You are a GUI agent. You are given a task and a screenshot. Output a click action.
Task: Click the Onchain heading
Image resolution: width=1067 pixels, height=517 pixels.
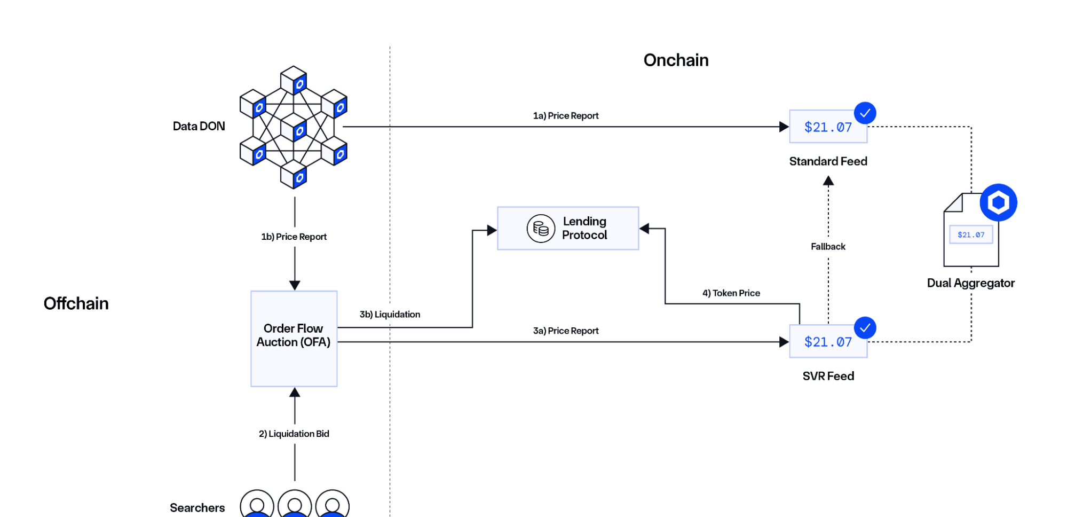coord(676,60)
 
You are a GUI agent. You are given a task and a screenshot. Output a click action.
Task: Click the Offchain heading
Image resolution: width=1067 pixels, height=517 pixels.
coord(76,303)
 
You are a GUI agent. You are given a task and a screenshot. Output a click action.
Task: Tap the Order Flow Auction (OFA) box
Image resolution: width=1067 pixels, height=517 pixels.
coord(294,338)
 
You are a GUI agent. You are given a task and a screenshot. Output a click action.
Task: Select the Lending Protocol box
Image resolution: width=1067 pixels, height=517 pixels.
coord(567,229)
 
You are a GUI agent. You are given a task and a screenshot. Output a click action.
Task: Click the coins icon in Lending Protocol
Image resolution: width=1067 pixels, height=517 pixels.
coord(540,229)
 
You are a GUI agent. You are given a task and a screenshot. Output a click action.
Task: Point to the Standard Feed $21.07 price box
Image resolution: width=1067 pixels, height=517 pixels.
coord(827,127)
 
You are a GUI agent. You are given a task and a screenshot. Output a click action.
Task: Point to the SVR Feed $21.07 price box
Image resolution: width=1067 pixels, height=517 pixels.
coord(827,342)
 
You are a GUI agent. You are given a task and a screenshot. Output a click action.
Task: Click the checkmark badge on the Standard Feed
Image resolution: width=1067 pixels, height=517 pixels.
coord(865,113)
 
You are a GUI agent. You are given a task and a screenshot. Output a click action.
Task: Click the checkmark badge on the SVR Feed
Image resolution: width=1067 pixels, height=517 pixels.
coord(865,328)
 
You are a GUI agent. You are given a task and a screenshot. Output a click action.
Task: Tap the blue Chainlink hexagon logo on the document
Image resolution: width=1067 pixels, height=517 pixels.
coord(998,202)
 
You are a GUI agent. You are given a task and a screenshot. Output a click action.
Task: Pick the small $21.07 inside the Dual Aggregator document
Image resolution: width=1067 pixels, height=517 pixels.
coord(971,234)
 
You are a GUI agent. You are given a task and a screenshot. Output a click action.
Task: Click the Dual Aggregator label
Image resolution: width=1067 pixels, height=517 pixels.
coord(970,283)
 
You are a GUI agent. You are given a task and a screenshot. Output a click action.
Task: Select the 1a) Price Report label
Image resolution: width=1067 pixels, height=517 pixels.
coord(566,116)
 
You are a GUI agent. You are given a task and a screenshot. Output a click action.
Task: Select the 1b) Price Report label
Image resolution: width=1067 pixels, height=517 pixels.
coord(294,237)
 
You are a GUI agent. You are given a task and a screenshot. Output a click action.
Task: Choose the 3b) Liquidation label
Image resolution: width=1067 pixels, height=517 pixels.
coord(390,315)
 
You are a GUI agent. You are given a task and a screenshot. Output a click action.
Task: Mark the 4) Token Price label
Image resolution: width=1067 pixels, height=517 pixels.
coord(731,293)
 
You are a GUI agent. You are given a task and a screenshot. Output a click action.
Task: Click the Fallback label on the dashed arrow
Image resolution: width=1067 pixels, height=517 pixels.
coord(828,247)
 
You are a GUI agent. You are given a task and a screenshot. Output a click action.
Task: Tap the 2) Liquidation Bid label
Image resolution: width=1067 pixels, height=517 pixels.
coord(294,434)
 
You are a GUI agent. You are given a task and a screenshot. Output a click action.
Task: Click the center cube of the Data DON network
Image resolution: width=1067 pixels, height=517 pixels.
coord(294,127)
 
